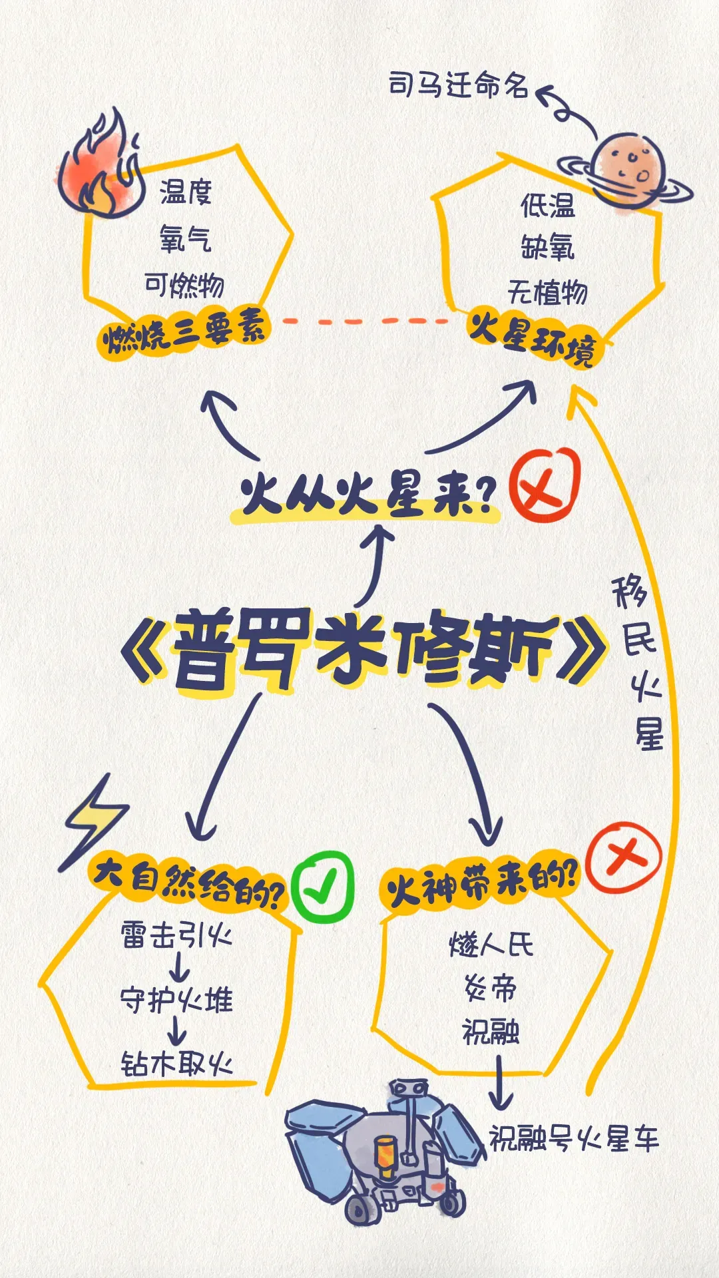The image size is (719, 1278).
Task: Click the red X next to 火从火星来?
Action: pyautogui.click(x=545, y=485)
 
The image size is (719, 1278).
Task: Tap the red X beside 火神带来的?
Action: pyautogui.click(x=624, y=857)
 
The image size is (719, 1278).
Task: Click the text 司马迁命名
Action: pyautogui.click(x=459, y=85)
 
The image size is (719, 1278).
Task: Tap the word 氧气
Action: pyautogui.click(x=185, y=238)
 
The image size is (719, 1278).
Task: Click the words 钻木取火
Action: pyautogui.click(x=176, y=1063)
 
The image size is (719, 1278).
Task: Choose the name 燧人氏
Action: pyautogui.click(x=491, y=944)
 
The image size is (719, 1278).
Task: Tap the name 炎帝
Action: pyautogui.click(x=491, y=988)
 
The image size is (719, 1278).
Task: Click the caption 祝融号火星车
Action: pyautogui.click(x=574, y=1138)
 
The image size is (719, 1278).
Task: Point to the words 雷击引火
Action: pyautogui.click(x=176, y=935)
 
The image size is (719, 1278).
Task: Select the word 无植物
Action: pyautogui.click(x=547, y=292)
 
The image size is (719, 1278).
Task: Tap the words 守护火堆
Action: pyautogui.click(x=176, y=1000)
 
